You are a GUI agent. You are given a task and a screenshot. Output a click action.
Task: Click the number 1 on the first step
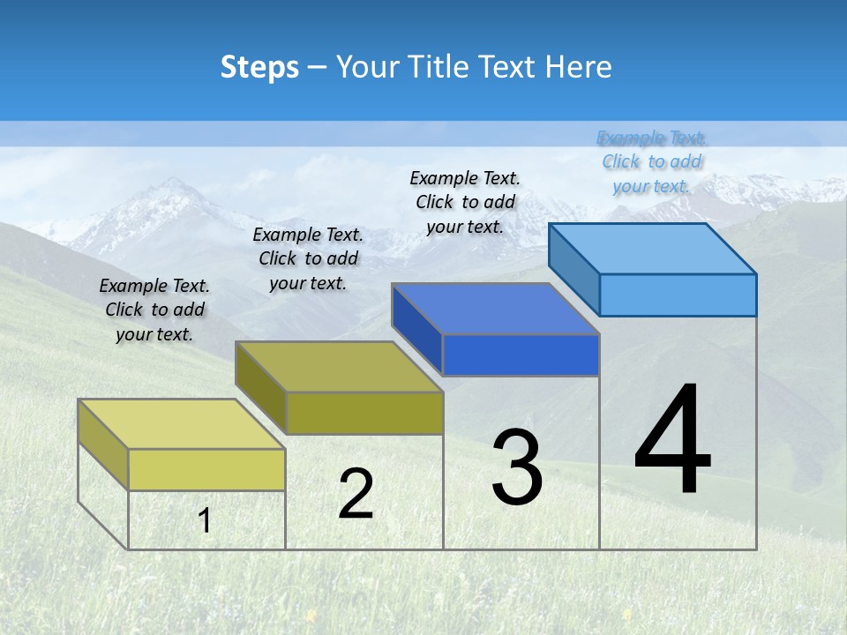pyautogui.click(x=205, y=520)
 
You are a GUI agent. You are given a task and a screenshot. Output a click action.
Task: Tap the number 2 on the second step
pyautogui.click(x=356, y=493)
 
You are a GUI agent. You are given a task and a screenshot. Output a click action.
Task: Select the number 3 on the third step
pyautogui.click(x=517, y=467)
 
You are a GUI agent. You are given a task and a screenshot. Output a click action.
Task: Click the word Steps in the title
pyautogui.click(x=259, y=67)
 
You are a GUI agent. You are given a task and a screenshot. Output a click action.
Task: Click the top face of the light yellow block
pyautogui.click(x=182, y=424)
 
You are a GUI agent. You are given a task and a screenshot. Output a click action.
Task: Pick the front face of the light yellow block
pyautogui.click(x=206, y=469)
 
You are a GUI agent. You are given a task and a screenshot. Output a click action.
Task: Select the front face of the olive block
pyautogui.click(x=364, y=413)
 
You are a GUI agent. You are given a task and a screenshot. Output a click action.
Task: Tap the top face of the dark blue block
pyautogui.click(x=496, y=309)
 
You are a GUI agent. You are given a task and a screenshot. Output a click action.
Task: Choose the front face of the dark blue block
pyautogui.click(x=521, y=355)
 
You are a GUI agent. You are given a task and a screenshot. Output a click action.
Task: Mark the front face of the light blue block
pyautogui.click(x=678, y=295)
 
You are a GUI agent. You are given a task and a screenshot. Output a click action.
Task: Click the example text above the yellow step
pyautogui.click(x=154, y=310)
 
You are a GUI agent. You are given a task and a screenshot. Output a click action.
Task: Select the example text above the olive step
pyautogui.click(x=308, y=259)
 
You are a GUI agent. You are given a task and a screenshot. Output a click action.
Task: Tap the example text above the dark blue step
pyautogui.click(x=465, y=202)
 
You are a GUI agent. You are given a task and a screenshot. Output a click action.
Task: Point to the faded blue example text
pyautogui.click(x=652, y=161)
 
